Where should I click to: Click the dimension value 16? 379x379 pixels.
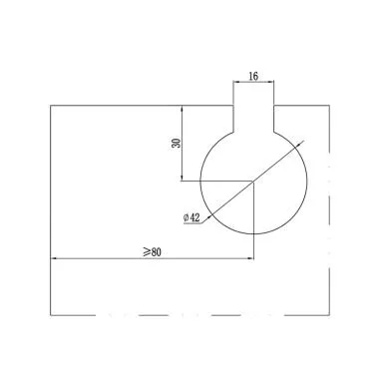(x=253, y=76)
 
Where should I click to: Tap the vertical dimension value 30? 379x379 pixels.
(x=177, y=143)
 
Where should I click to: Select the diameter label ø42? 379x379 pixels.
(x=191, y=217)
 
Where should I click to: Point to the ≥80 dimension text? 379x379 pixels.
(x=153, y=252)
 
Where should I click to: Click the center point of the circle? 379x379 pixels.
(x=253, y=182)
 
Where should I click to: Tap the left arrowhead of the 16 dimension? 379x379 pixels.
(x=235, y=81)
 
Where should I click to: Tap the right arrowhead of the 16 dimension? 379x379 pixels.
(x=271, y=81)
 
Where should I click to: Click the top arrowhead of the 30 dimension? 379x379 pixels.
(x=182, y=108)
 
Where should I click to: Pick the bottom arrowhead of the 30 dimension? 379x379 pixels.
(x=182, y=179)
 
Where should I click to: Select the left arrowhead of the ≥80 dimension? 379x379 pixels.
(x=53, y=258)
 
